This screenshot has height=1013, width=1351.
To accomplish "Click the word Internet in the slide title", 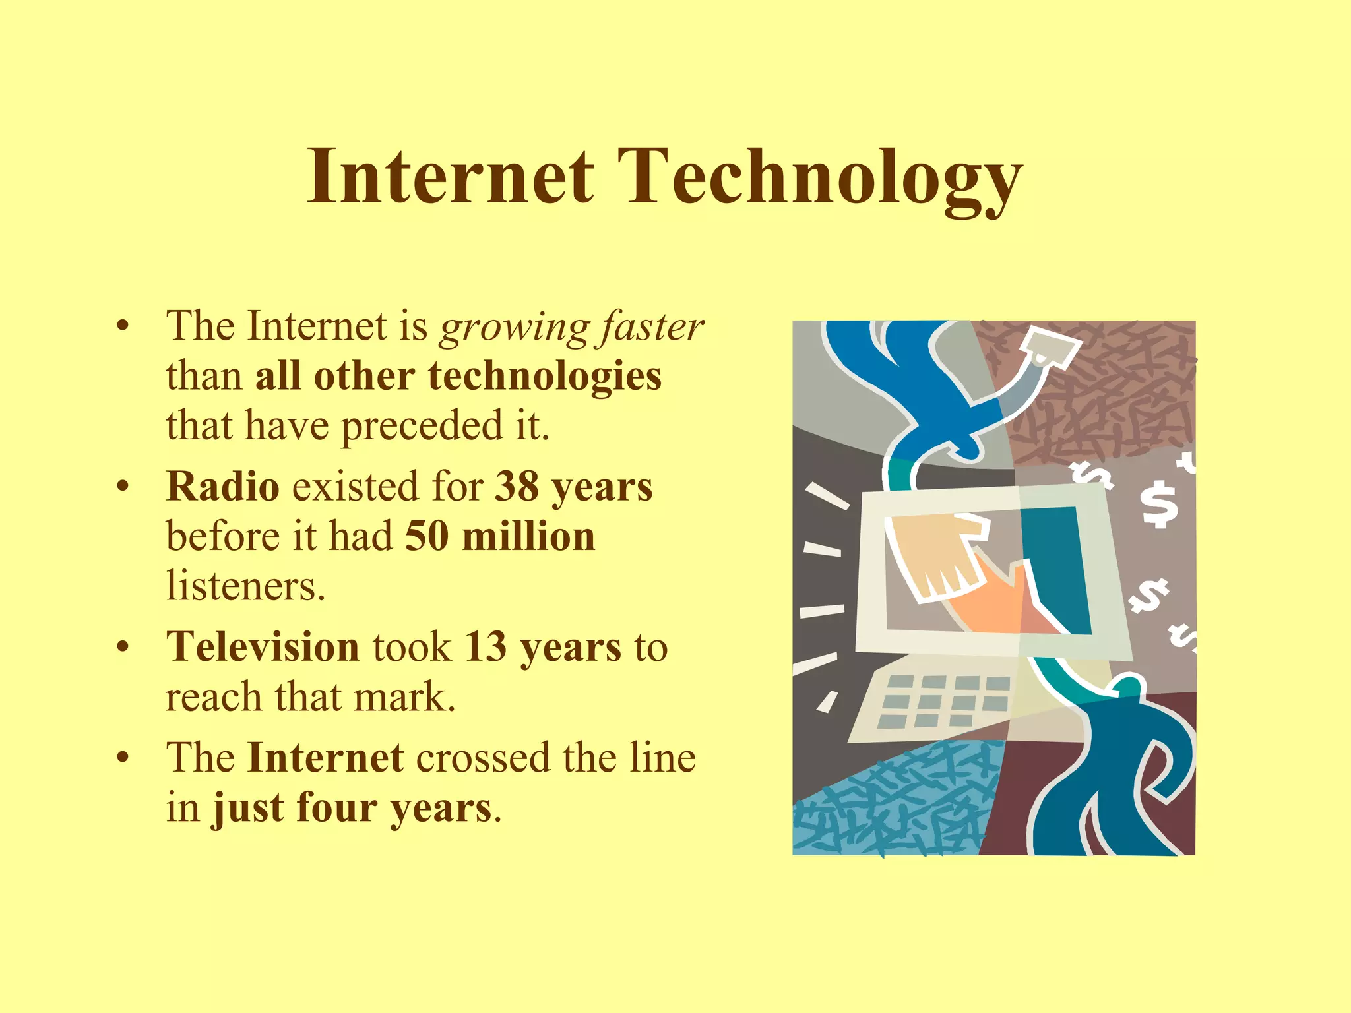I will point(451,177).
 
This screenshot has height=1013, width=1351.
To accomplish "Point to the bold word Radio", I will point(223,487).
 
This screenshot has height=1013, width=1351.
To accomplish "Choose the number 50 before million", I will point(427,536).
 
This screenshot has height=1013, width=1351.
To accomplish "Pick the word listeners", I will point(245,586).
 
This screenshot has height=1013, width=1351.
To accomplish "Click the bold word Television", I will point(263,647).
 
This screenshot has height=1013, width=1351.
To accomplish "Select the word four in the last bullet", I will point(336,808).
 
